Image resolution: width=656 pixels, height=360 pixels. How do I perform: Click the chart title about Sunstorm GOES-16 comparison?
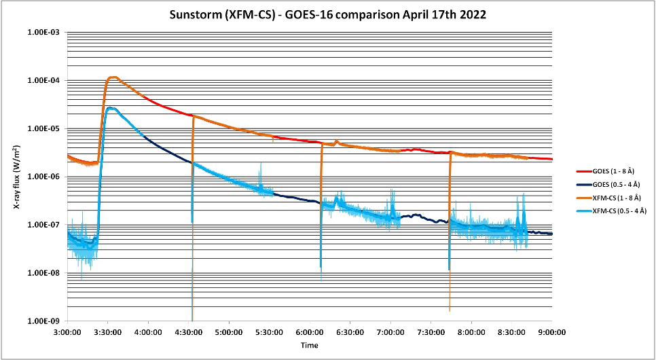coord(327,14)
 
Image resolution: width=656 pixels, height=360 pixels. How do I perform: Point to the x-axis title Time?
coord(310,345)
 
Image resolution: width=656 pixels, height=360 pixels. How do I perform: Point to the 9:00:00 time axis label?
coord(551,332)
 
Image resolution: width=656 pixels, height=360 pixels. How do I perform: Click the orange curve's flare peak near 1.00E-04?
coord(113,77)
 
